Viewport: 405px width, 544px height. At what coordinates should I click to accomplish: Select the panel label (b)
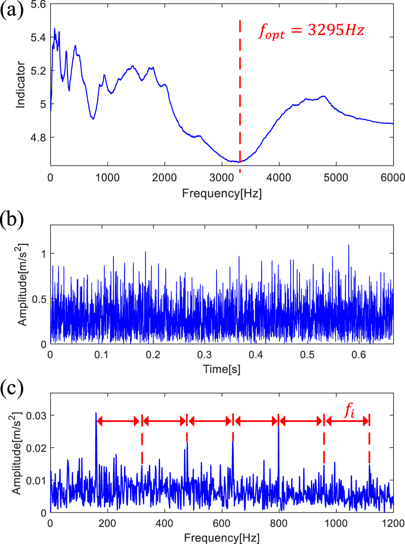coord(12,218)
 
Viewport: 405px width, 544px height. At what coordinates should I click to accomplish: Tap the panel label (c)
coord(12,388)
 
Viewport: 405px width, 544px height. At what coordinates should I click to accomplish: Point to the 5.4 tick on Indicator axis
coord(38,38)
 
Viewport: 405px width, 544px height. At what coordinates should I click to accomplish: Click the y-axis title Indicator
coord(21,85)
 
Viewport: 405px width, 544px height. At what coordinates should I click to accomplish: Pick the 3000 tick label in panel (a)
coord(222,178)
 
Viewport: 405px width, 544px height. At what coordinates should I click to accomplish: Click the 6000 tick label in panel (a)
coord(392,178)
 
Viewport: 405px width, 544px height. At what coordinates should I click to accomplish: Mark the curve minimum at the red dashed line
coord(240,162)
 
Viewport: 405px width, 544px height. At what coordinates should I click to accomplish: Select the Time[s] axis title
coord(221,369)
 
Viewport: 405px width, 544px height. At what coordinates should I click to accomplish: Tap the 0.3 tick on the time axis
coord(204,355)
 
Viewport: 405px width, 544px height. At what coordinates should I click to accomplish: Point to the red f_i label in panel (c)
coord(349,410)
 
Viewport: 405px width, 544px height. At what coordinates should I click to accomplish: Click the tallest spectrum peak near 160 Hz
coord(96,413)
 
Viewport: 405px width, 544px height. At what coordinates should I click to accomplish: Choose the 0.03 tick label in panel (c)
coord(36,416)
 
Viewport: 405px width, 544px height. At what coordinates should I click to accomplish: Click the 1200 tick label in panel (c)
coord(393,523)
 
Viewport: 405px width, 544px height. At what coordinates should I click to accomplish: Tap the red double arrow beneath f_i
coord(347,422)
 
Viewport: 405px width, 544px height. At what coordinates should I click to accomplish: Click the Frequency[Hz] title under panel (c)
coord(221,538)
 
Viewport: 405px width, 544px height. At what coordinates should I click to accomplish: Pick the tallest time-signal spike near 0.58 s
coord(348,245)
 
